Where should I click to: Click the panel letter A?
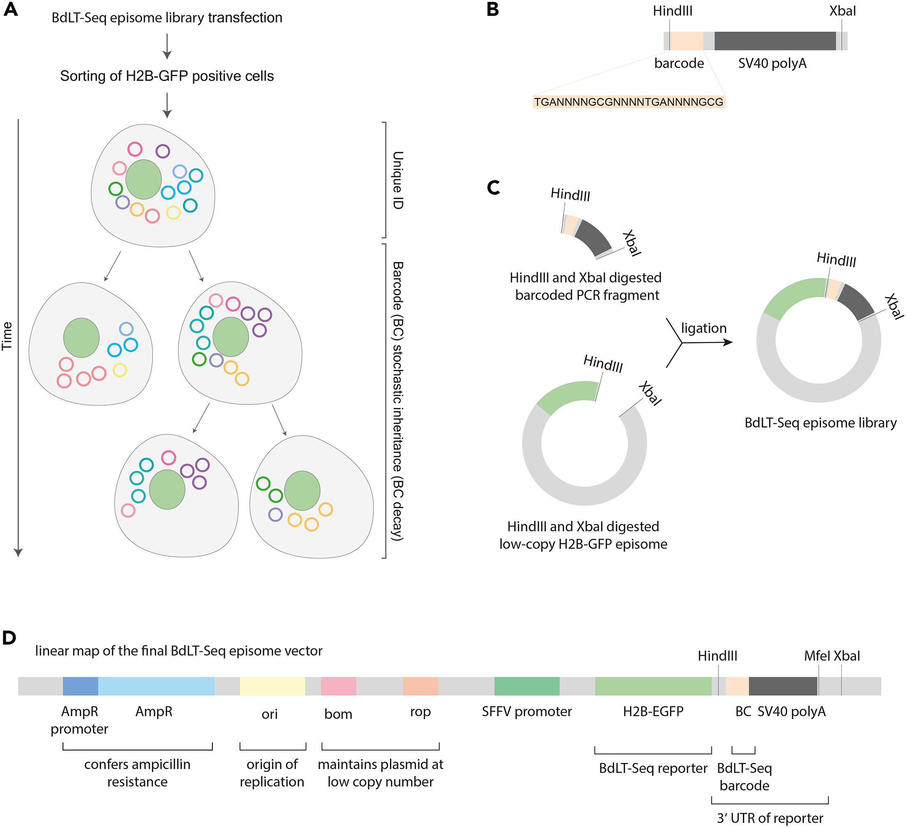coord(10,9)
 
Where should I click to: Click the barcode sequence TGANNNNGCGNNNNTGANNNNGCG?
coord(628,102)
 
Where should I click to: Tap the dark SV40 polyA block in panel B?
coord(775,41)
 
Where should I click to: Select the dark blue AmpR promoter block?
coord(80,686)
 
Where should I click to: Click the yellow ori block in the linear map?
coord(272,686)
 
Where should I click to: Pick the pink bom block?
coord(338,686)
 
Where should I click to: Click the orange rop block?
coord(420,686)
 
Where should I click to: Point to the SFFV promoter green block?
coord(527,686)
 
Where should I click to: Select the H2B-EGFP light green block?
coord(653,686)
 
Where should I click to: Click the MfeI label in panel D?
coord(817,656)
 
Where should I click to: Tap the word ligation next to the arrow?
coord(704,328)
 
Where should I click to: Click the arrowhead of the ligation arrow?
coord(728,342)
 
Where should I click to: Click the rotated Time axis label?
coord(7,336)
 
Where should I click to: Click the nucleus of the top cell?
coord(143,179)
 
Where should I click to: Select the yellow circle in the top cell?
coord(173,212)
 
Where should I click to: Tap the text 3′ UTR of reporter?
coord(770,818)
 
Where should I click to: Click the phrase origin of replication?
coord(272,773)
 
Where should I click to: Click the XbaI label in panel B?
coord(842,11)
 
